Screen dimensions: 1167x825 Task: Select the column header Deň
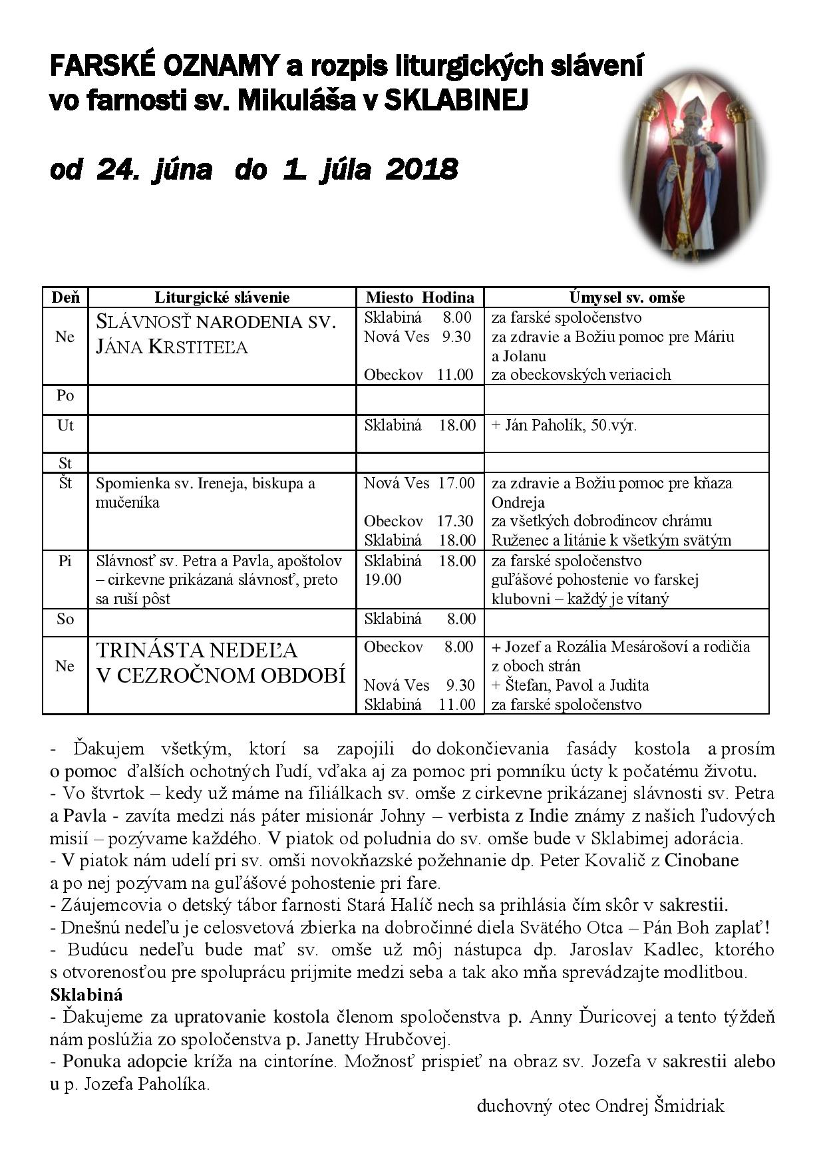point(65,297)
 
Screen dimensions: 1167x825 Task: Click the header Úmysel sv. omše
point(626,297)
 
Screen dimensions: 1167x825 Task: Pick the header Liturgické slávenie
point(222,297)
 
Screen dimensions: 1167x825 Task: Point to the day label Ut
point(65,425)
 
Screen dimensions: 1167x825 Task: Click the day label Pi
point(65,561)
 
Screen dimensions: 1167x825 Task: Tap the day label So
point(65,619)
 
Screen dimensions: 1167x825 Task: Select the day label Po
point(65,395)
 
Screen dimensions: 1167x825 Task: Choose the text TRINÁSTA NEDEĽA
point(198,650)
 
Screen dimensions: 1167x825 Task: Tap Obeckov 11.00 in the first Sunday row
point(418,375)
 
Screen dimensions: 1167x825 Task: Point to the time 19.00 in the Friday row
point(383,580)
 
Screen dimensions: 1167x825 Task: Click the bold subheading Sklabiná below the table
point(86,995)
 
